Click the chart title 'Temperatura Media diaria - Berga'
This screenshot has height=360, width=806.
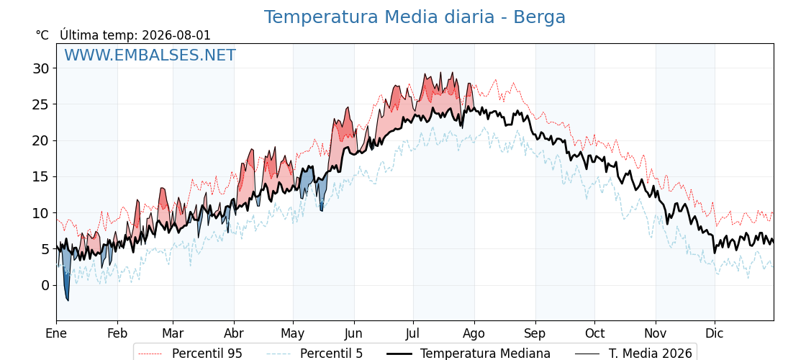(x=415, y=17)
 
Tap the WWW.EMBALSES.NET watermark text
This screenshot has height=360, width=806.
(x=150, y=55)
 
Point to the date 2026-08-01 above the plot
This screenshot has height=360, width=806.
(x=176, y=35)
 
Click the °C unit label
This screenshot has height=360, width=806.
(x=42, y=35)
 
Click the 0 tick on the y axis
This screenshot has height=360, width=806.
(x=46, y=285)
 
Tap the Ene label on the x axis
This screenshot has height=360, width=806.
(x=57, y=333)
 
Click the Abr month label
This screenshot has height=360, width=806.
(x=234, y=333)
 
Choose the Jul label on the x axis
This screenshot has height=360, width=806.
(x=413, y=333)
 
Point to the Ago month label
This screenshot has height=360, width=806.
(x=474, y=334)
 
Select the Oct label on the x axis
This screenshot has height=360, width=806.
(x=594, y=333)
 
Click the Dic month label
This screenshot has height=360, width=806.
(x=715, y=333)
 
